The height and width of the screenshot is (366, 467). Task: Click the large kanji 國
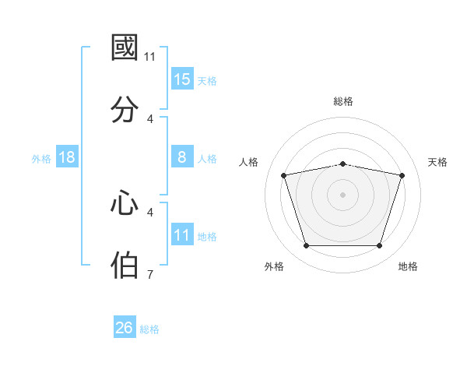click(x=125, y=48)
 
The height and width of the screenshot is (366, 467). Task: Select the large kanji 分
click(x=125, y=109)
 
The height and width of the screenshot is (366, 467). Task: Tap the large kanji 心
click(x=125, y=202)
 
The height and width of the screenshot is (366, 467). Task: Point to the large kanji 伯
click(x=125, y=265)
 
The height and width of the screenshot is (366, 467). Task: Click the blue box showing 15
click(x=182, y=79)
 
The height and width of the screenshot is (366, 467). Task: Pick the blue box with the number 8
click(x=182, y=157)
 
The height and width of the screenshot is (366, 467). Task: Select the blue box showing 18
click(x=67, y=157)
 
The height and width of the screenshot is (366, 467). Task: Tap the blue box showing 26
click(x=125, y=326)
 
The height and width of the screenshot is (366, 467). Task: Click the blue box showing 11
click(x=182, y=234)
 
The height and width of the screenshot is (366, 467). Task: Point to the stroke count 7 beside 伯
click(x=150, y=274)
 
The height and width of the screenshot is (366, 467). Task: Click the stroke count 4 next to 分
click(x=150, y=119)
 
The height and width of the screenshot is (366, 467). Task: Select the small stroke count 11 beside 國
click(x=149, y=57)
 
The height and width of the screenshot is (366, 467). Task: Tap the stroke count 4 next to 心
click(x=150, y=213)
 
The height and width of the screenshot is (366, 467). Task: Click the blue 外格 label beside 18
click(x=41, y=159)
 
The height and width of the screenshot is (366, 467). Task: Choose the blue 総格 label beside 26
click(x=149, y=329)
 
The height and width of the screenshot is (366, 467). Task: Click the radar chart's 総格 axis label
click(x=343, y=101)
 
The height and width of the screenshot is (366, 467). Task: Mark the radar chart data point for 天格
click(x=402, y=175)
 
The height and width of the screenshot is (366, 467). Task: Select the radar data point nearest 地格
click(x=379, y=245)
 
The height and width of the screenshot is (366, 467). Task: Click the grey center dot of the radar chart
click(x=342, y=195)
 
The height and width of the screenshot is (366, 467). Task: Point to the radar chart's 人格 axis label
click(x=248, y=162)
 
